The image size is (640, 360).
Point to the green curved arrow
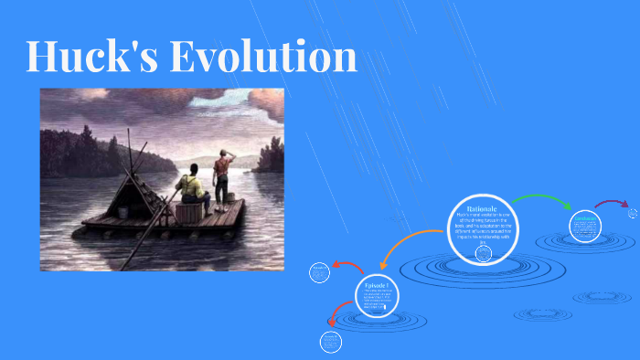click(540, 198)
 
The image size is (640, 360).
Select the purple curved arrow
click(611, 203)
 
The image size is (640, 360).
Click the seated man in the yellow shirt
click(193, 187)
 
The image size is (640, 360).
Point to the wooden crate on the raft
click(189, 212)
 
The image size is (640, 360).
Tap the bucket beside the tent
click(122, 212)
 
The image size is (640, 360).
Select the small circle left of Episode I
click(319, 272)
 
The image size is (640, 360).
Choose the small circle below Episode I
click(330, 343)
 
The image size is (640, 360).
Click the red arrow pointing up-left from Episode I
click(348, 268)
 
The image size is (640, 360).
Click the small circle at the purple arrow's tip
click(633, 213)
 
